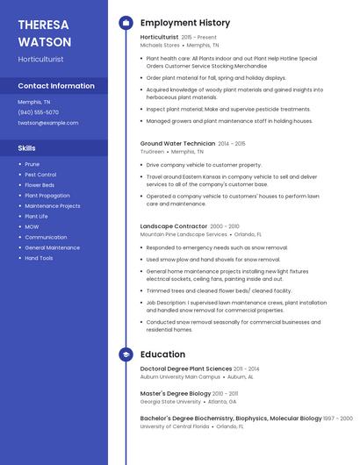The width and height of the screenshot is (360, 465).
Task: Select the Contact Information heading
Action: [56, 86]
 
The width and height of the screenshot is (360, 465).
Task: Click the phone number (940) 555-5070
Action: [39, 112]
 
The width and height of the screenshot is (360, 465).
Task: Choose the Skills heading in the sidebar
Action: [26, 148]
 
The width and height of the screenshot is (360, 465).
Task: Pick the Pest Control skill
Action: [40, 175]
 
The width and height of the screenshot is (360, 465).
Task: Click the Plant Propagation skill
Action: [47, 196]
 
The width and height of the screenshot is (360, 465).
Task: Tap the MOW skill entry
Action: [32, 226]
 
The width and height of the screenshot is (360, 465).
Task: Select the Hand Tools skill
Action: [39, 258]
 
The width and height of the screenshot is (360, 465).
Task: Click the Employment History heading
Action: [185, 23]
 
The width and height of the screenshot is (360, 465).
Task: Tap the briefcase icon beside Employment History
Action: [126, 23]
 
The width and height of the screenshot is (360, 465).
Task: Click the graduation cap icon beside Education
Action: [126, 354]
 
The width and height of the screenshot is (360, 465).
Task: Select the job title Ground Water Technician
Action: [177, 143]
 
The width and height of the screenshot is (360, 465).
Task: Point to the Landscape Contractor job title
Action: [174, 226]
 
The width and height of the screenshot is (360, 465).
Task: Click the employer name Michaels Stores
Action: [160, 45]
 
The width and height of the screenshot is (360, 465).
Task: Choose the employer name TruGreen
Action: [152, 151]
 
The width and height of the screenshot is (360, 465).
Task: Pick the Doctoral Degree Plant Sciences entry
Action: [186, 368]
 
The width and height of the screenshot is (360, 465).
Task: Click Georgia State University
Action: [170, 402]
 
